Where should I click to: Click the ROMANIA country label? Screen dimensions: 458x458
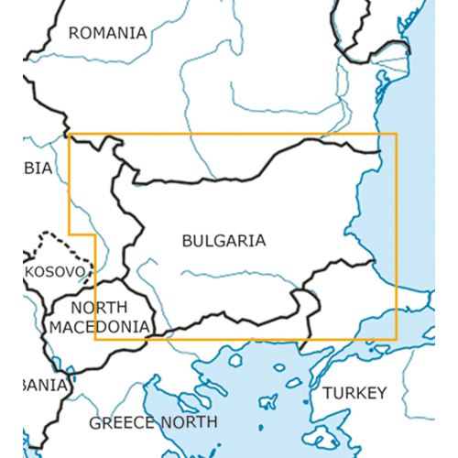tap(108, 33)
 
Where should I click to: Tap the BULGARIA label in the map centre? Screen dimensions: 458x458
tap(224, 242)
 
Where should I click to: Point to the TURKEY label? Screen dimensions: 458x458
tap(354, 393)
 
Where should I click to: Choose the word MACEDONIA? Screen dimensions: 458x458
tap(100, 326)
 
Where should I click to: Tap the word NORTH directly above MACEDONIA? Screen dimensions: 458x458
tap(99, 308)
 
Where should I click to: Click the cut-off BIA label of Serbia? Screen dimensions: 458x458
tap(38, 168)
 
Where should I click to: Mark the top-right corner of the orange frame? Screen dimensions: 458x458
tap(397, 134)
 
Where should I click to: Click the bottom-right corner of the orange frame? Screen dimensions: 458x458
tap(397, 339)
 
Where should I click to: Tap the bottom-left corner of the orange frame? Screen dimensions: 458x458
tap(95, 339)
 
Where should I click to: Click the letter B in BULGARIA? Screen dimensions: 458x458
tap(188, 242)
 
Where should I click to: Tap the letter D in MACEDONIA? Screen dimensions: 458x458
tap(106, 326)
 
